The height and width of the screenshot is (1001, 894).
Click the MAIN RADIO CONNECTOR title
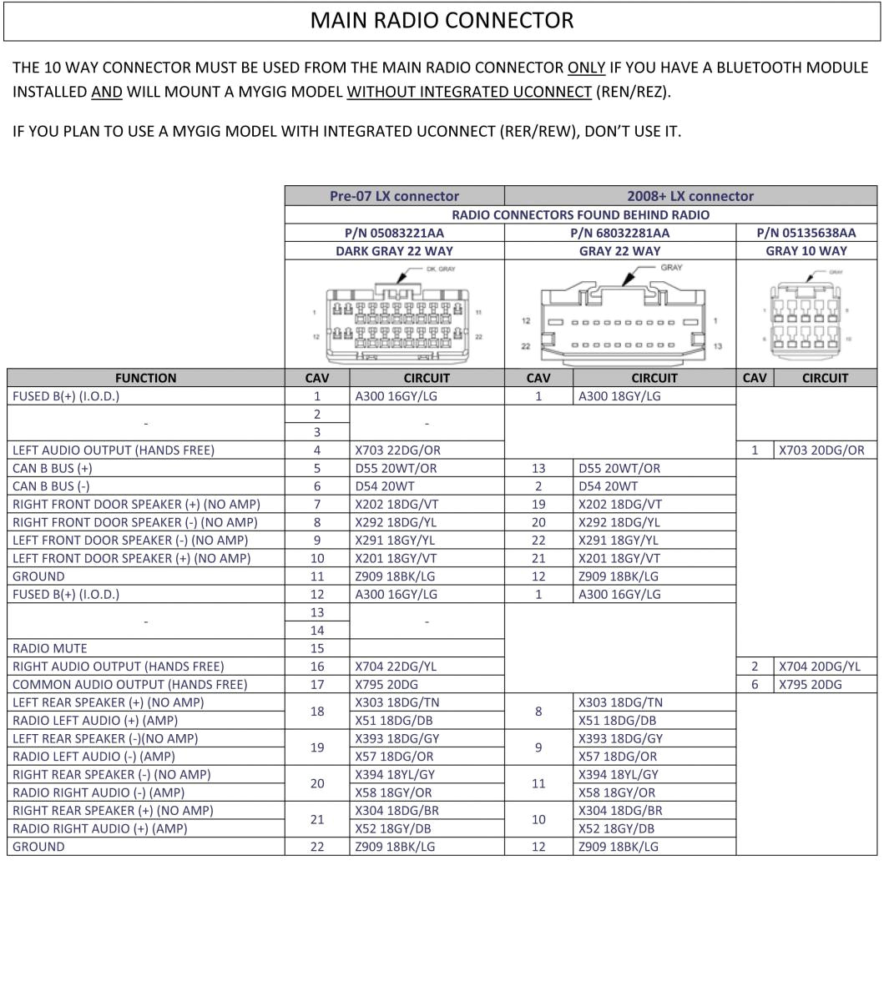442,21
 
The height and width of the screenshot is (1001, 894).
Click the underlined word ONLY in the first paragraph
586,68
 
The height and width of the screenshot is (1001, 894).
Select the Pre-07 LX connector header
394,196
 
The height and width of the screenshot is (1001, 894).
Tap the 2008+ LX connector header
690,196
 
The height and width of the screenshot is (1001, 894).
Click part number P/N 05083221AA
394,233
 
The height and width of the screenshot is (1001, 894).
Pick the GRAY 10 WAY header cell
806,250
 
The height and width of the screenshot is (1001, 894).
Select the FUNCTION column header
146,378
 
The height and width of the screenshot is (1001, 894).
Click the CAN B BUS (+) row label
53,468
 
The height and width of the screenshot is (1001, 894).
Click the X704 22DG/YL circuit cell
396,666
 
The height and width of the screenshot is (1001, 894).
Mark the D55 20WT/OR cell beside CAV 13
619,468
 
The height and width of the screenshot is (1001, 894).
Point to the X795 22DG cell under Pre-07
386,684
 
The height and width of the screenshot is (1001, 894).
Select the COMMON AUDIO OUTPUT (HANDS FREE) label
130,684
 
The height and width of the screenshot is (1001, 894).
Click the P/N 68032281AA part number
619,233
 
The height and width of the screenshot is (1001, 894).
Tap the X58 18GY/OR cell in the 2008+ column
617,792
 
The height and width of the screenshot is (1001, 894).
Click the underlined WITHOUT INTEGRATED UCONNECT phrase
469,92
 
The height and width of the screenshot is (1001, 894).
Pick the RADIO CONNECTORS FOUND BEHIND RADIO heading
581,214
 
